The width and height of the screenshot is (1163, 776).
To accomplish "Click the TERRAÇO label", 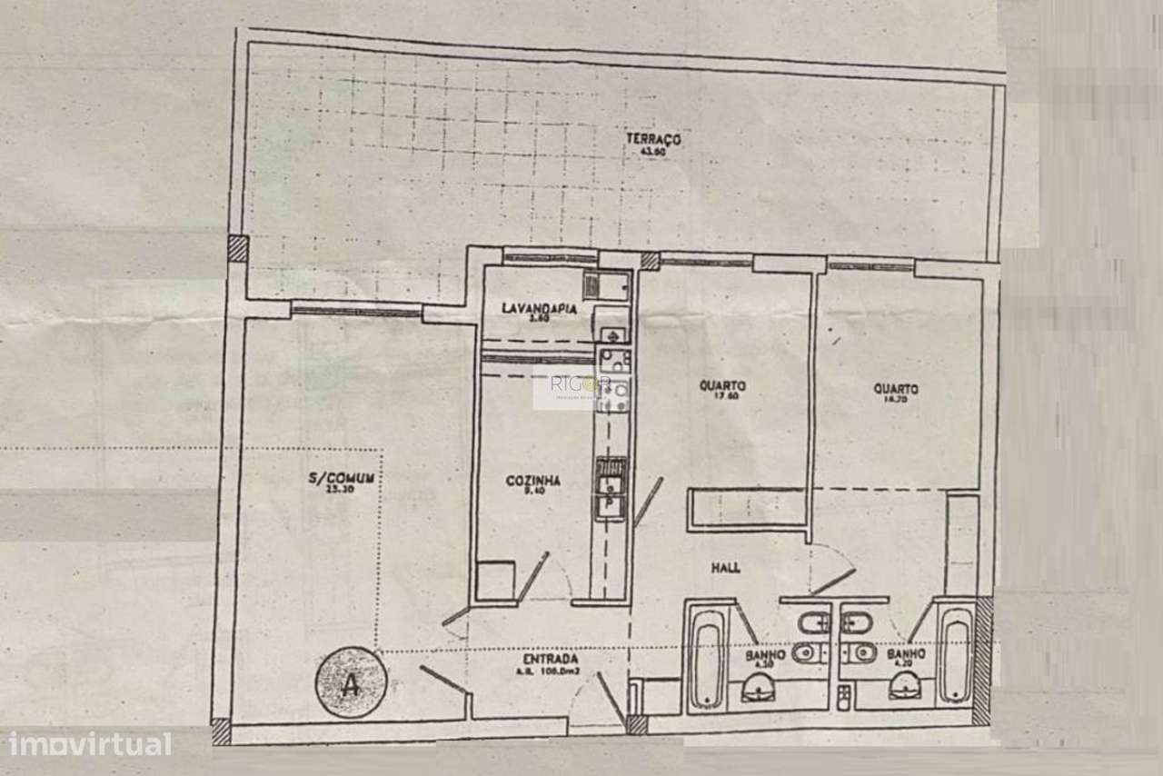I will [652, 139].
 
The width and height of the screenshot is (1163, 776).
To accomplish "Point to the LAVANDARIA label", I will [540, 309].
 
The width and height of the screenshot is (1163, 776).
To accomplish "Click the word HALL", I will [725, 567].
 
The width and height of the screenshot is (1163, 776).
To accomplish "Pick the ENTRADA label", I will [551, 658].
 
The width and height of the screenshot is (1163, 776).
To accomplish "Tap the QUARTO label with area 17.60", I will [722, 385].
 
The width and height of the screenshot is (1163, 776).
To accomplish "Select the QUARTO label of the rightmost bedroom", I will [896, 389].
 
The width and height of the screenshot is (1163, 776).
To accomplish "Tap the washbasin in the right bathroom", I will [904, 691].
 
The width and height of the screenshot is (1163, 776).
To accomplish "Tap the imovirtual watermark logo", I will [86, 744].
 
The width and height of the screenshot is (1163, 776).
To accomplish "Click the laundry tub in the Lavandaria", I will [605, 286].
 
